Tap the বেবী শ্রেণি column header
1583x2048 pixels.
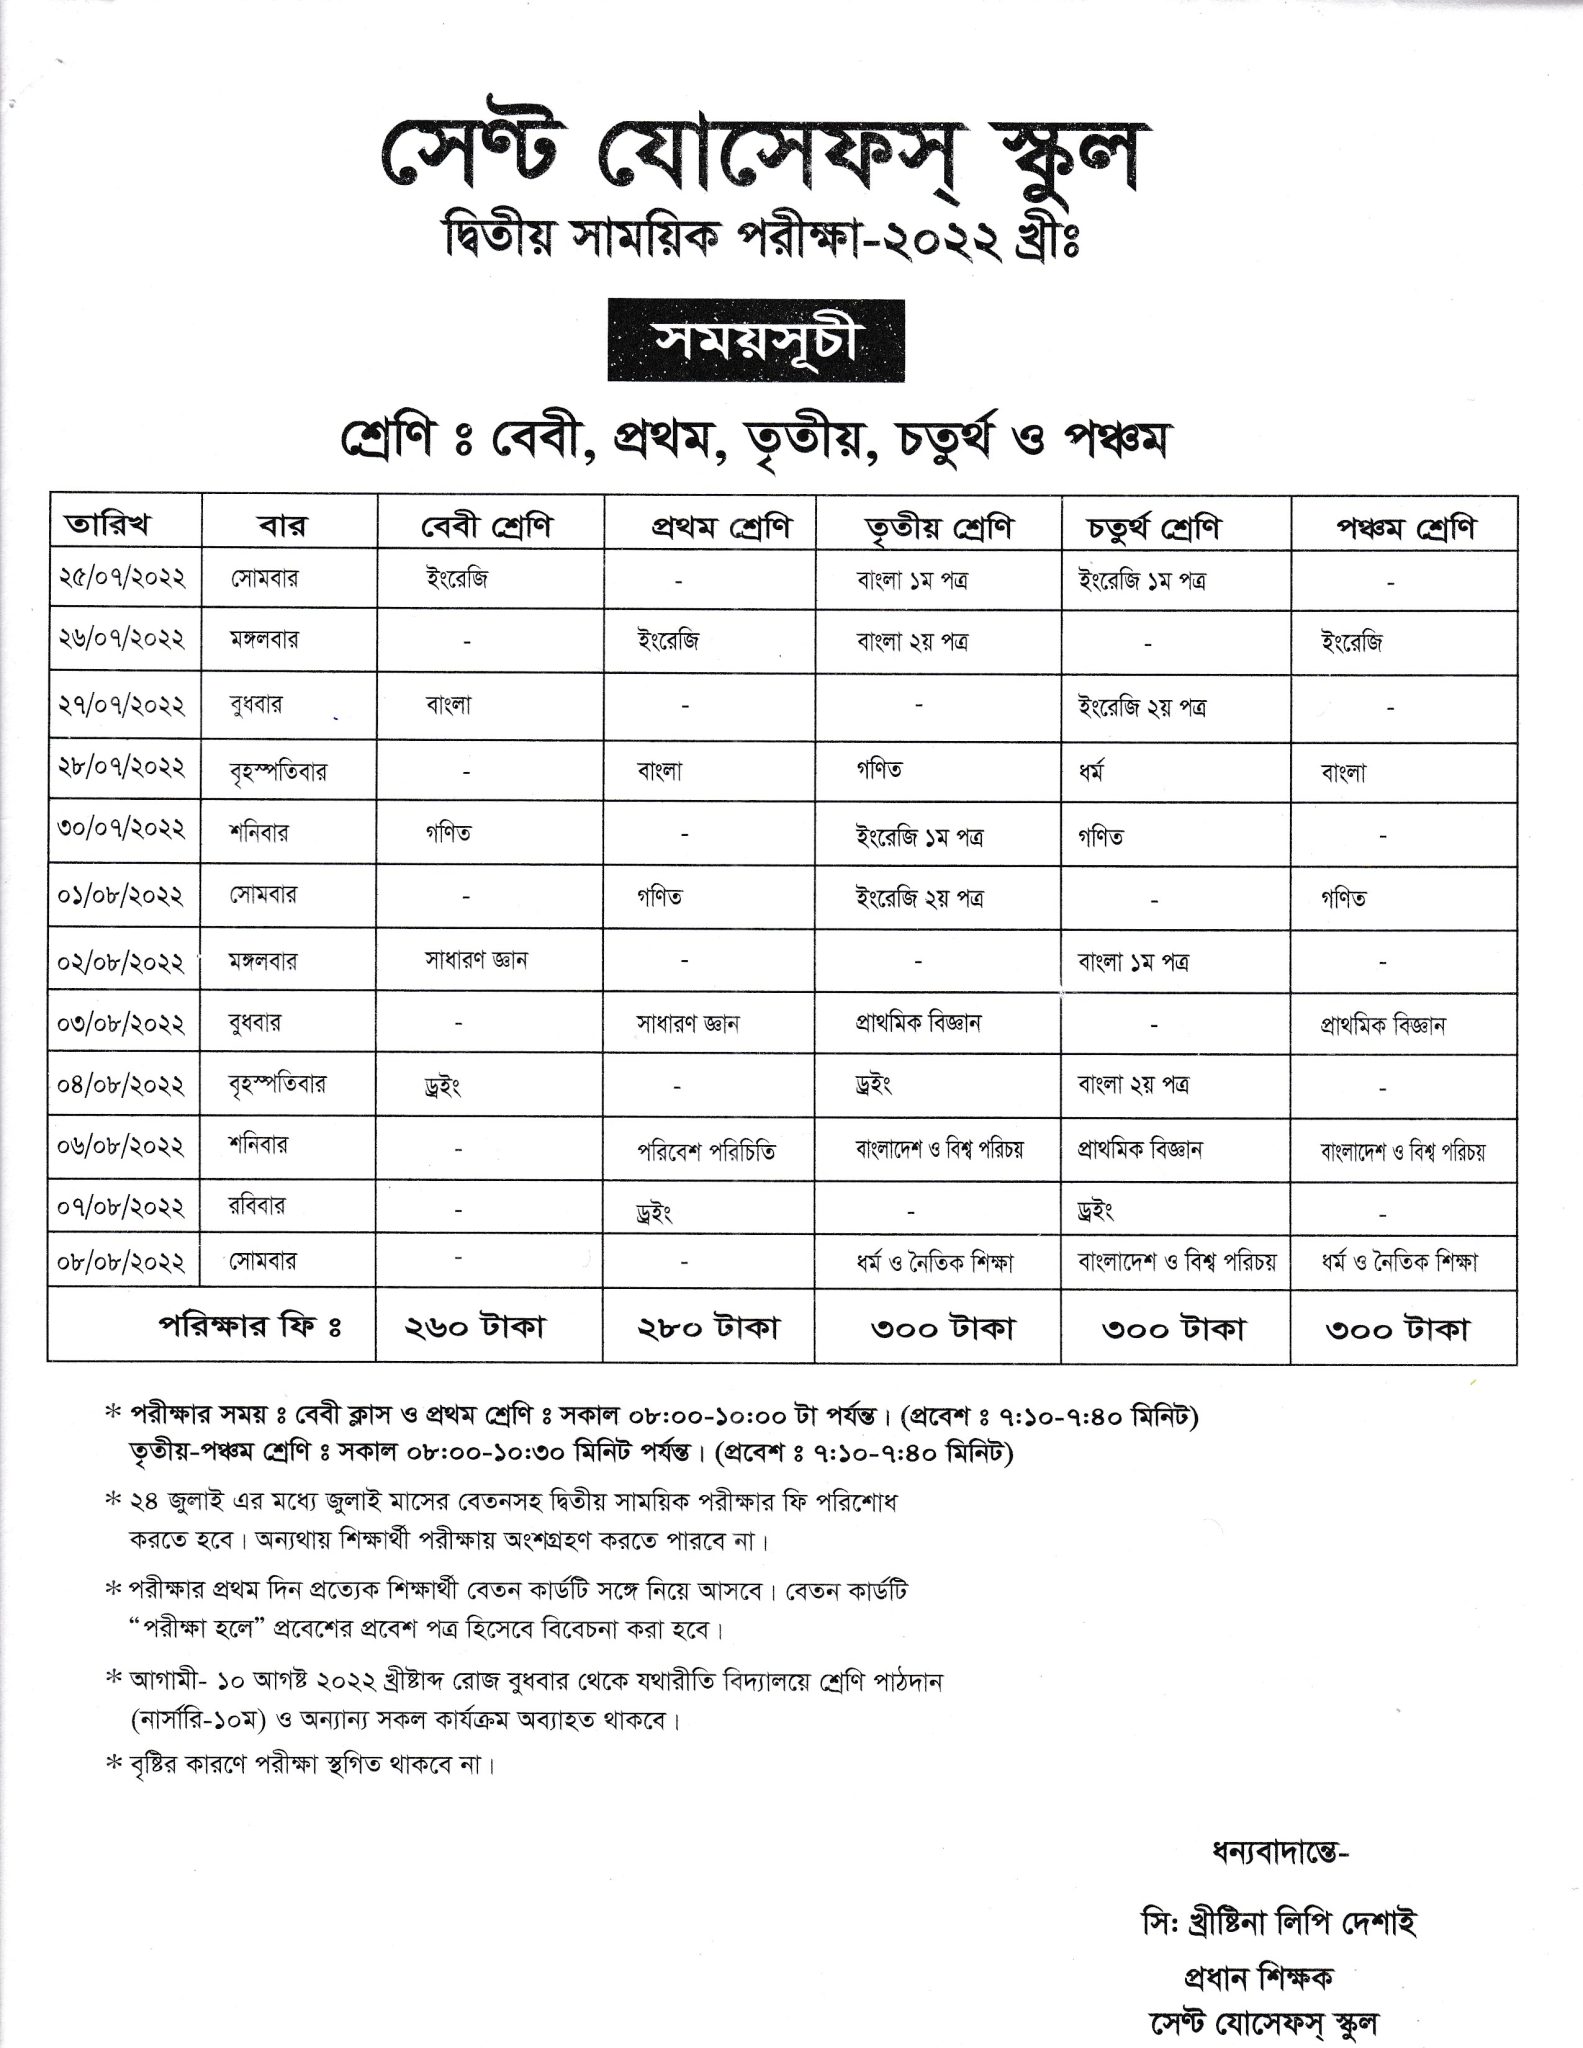(486, 525)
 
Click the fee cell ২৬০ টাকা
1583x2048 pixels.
(474, 1327)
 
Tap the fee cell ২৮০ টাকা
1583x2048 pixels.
(708, 1327)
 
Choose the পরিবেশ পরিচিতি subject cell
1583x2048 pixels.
(706, 1152)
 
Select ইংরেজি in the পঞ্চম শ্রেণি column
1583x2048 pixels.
(1351, 642)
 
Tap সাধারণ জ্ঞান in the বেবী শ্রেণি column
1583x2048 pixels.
(475, 960)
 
